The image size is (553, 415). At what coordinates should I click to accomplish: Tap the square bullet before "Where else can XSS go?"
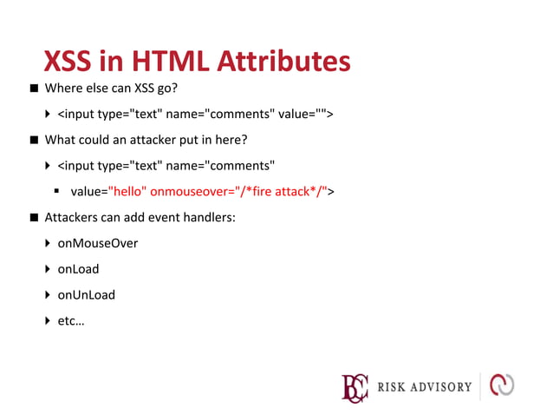point(33,89)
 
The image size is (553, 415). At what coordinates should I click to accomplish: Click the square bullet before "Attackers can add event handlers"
point(33,217)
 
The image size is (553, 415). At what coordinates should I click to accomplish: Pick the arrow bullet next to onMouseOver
point(49,243)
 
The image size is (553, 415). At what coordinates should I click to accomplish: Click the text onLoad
point(78,269)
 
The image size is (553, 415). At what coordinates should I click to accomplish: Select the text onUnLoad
point(86,294)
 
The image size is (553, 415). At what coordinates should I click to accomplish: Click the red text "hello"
point(127,191)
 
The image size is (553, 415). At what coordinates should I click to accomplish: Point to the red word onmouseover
point(185,191)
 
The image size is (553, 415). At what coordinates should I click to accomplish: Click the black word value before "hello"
point(86,191)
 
